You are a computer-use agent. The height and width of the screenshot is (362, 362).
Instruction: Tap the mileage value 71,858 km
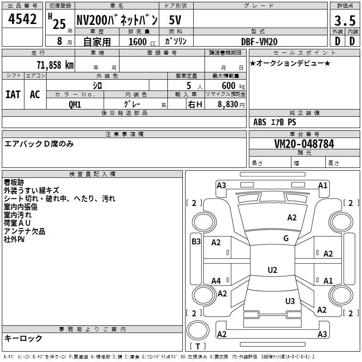tap(54, 65)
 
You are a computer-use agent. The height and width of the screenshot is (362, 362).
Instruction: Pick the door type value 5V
tap(176, 20)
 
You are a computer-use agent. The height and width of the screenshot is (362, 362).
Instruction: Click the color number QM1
tap(75, 104)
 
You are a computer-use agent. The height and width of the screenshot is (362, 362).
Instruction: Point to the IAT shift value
tap(13, 95)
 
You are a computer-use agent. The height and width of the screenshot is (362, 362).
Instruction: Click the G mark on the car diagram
tap(286, 238)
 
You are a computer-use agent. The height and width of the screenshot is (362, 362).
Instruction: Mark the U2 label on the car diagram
tap(272, 270)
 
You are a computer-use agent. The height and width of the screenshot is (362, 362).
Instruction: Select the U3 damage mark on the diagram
tap(290, 301)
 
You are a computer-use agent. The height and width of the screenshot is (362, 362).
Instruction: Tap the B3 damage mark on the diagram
tap(196, 242)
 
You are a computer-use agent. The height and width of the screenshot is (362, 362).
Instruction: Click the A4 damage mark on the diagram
tap(216, 281)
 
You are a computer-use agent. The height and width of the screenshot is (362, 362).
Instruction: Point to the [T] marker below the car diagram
tap(198, 346)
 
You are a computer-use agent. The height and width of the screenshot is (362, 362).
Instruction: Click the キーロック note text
tap(24, 338)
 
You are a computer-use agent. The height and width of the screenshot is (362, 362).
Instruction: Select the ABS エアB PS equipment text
tap(275, 122)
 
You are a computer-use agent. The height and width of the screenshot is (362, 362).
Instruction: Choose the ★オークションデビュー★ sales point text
tap(290, 63)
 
